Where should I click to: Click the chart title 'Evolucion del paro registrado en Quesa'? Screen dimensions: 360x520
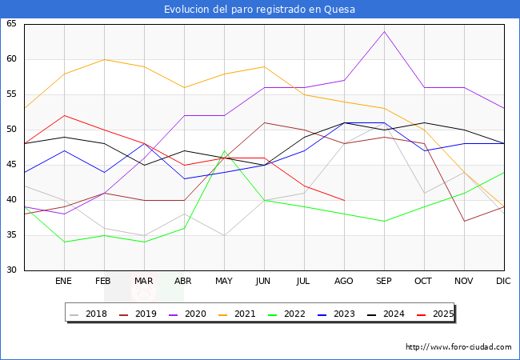(x=259, y=10)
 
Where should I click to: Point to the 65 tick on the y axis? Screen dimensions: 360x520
(x=12, y=24)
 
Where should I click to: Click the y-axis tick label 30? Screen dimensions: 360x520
(x=12, y=270)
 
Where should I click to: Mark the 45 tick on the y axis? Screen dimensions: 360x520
(x=12, y=165)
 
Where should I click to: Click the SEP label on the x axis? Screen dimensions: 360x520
(x=384, y=282)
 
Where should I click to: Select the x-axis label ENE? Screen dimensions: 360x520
(x=64, y=282)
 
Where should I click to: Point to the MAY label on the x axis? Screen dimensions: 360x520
(x=224, y=282)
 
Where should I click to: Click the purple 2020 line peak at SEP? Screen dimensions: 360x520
(x=384, y=31)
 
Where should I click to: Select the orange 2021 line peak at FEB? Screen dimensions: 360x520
(x=104, y=59)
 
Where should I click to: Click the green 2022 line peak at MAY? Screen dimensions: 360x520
(x=224, y=150)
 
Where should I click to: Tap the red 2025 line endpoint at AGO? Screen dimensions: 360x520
(x=344, y=200)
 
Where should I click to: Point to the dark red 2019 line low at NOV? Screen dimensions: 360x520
(x=464, y=221)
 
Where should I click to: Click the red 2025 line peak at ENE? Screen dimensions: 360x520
(x=64, y=115)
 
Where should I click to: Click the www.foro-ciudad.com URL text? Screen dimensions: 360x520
(x=458, y=347)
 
